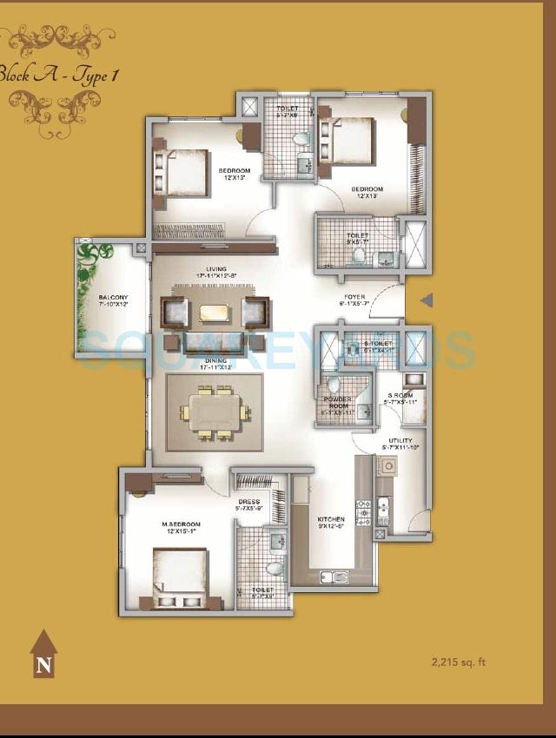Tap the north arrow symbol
pos(43,656)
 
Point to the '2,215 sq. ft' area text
pos(459,662)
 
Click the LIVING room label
pos(216,270)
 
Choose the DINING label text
pos(216,360)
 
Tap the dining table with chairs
pos(215,412)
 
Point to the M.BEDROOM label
pos(181,525)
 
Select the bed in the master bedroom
pos(179,578)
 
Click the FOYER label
pos(354,298)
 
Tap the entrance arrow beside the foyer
pos(426,300)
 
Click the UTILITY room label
pos(400,441)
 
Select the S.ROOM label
pos(401,396)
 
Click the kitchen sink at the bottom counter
pos(334,577)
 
